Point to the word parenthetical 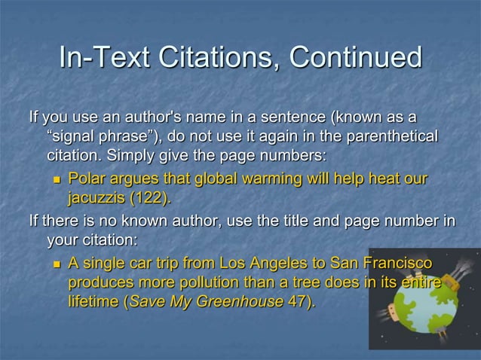[389, 138]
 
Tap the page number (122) [150, 199]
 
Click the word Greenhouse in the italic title [245, 302]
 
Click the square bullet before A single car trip [56, 264]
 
